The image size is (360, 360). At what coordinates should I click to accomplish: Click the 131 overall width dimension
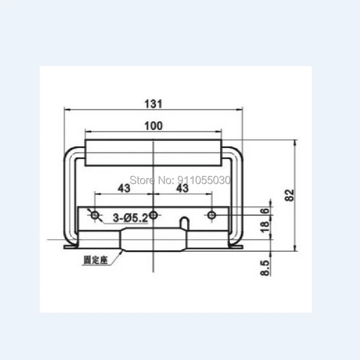tap(153, 104)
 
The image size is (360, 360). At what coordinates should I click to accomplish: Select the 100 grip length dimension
tap(154, 126)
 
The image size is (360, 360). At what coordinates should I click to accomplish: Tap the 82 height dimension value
tap(290, 195)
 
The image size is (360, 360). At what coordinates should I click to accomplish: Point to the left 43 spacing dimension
tap(124, 188)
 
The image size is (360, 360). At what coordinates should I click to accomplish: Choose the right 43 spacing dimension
tap(183, 188)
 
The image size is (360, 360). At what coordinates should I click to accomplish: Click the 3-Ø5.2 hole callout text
tap(130, 218)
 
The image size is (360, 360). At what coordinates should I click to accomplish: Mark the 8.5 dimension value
tap(265, 268)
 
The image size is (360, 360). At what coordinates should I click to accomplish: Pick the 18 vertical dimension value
tap(265, 227)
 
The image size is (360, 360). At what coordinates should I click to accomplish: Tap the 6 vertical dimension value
tap(266, 211)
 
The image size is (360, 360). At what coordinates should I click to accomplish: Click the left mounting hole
tap(94, 215)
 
